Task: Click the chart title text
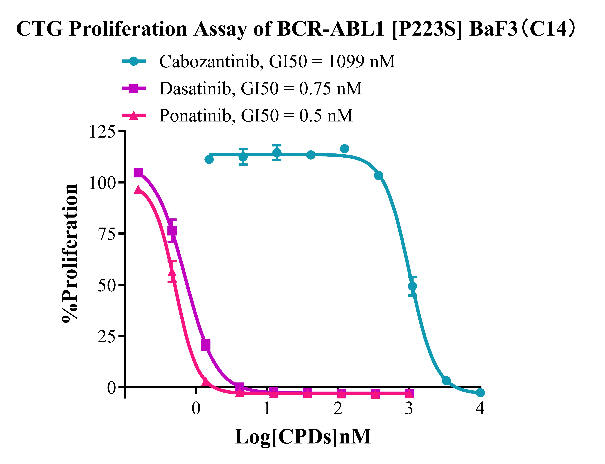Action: (x=295, y=29)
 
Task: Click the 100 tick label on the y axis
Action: (x=102, y=183)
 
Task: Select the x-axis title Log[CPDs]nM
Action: (x=303, y=437)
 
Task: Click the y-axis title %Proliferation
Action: (x=70, y=253)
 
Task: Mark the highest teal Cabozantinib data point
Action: (x=344, y=149)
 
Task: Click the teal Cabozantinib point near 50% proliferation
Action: (x=412, y=286)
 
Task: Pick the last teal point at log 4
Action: (x=480, y=392)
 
